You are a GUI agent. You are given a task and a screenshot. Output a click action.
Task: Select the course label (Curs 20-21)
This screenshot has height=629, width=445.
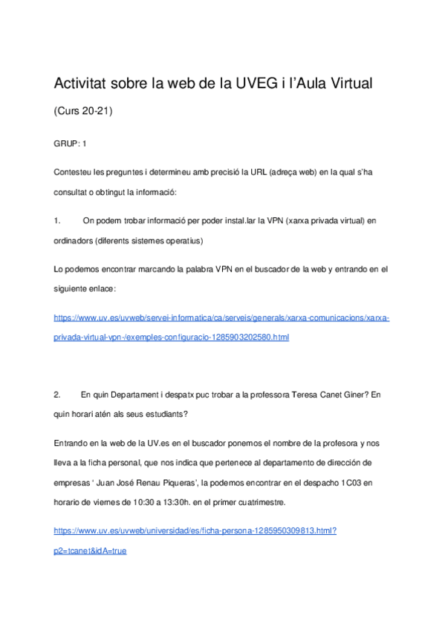83,111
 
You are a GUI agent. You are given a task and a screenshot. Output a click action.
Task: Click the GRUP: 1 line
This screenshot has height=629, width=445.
71,142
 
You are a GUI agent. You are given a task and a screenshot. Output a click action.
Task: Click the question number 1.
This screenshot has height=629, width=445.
57,220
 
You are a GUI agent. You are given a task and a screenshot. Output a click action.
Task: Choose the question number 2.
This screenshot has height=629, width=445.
57,395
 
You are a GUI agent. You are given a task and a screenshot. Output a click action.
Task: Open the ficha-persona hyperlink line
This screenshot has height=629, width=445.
196,531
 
